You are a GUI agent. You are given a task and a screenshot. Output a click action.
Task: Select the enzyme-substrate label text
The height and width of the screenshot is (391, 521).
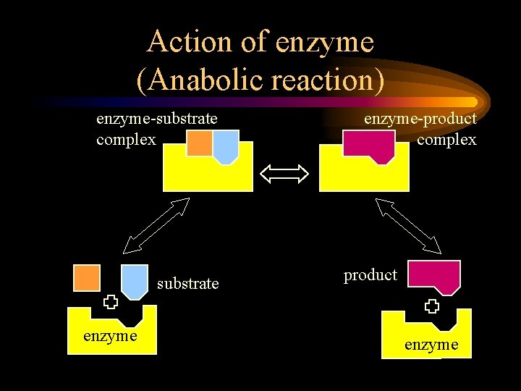pos(157,118)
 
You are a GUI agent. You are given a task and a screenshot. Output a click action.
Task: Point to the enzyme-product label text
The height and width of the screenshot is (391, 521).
pos(420,118)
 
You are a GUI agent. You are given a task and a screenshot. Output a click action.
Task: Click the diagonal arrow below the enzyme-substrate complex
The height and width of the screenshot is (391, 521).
pos(156,225)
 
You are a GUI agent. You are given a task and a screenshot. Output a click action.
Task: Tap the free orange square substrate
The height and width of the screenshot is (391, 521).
pos(87,278)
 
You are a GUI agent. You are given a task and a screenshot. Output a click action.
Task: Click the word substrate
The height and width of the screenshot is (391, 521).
pos(187,284)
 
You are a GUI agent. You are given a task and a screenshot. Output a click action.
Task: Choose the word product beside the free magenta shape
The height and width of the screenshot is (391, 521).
pos(370,275)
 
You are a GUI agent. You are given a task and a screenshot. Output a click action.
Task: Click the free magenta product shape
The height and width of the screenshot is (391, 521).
pos(434,276)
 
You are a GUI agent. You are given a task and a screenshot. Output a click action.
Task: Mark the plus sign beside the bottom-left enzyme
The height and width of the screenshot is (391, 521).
pos(109,302)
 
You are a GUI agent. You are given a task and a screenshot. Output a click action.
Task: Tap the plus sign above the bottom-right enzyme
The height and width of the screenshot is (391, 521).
pos(432,306)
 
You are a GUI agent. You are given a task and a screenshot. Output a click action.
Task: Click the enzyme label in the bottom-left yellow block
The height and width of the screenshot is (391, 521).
pos(110,336)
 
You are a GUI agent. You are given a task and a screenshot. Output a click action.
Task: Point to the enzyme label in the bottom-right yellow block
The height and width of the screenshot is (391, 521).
pos(431,345)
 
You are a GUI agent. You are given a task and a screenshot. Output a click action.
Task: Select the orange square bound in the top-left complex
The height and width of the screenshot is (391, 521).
pos(200,143)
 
